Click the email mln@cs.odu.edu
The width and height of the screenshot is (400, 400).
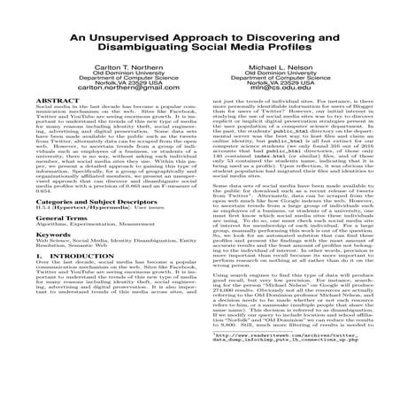coord(288,113)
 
